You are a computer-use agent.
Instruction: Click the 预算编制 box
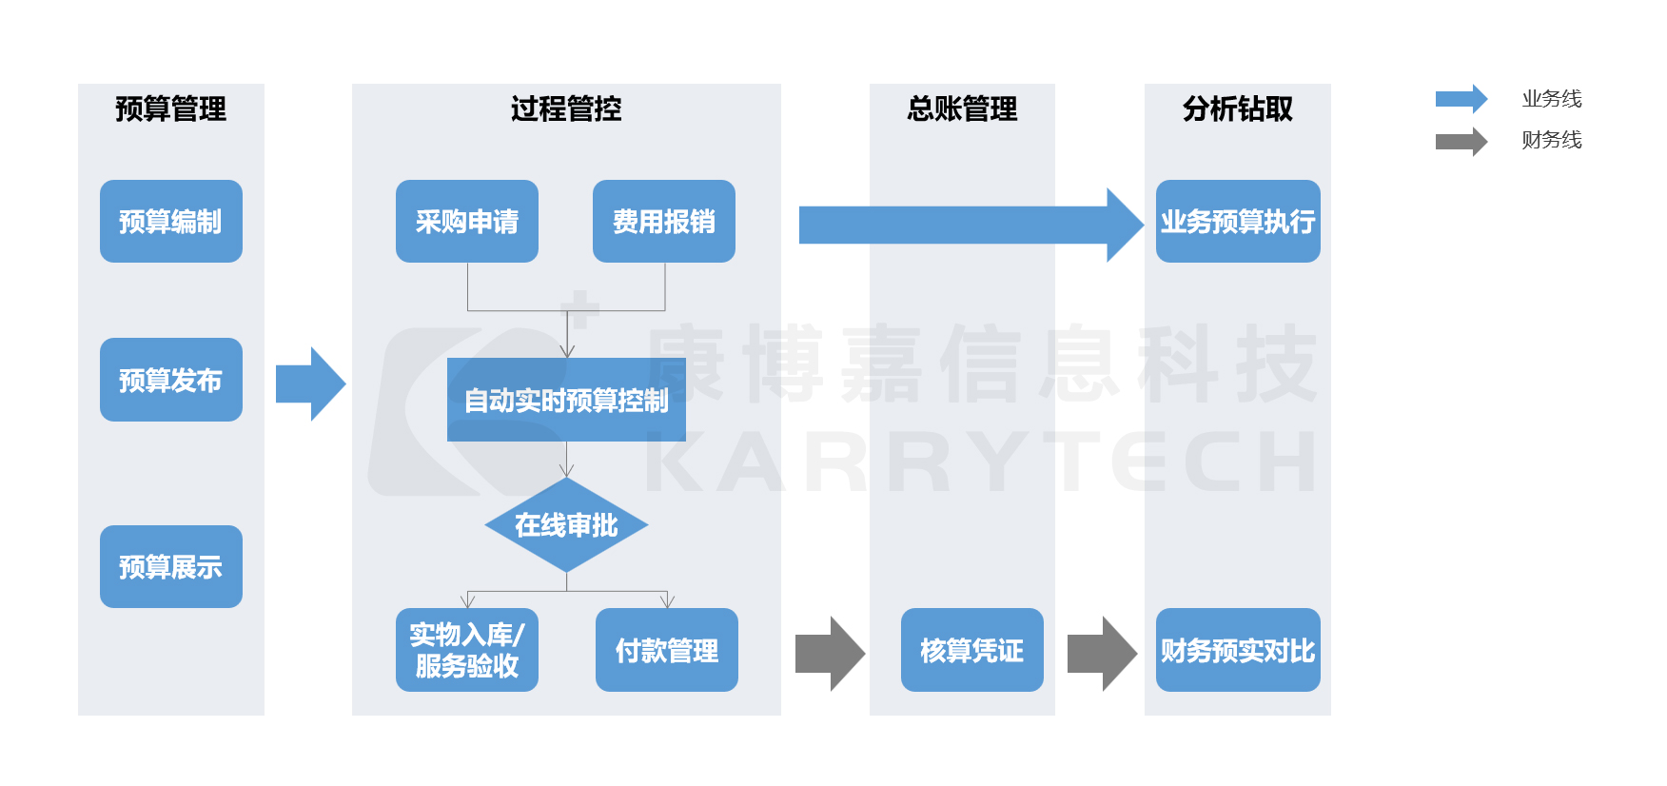coord(171,222)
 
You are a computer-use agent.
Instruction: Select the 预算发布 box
coord(171,380)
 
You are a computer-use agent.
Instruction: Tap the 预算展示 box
coord(171,567)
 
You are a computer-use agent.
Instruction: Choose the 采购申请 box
coord(467,222)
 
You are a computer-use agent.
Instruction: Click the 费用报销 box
coord(664,222)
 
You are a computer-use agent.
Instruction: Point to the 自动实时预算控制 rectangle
coord(566,400)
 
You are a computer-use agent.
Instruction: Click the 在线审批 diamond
coord(566,525)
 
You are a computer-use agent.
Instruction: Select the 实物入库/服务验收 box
coord(467,650)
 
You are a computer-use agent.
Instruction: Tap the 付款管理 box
coord(667,650)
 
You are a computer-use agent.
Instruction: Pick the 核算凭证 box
coord(971,650)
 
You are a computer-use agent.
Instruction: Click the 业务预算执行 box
coord(1238,222)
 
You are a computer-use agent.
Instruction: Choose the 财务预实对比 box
coord(1238,650)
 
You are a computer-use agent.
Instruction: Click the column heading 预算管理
coord(171,109)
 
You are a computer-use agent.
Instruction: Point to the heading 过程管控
coord(566,109)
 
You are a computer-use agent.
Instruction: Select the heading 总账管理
coord(962,109)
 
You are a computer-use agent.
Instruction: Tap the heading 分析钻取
coord(1238,109)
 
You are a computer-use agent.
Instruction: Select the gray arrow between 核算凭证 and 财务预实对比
coord(1102,654)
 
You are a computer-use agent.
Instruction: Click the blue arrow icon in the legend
coord(1461,99)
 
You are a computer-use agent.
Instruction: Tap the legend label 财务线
coord(1551,140)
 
